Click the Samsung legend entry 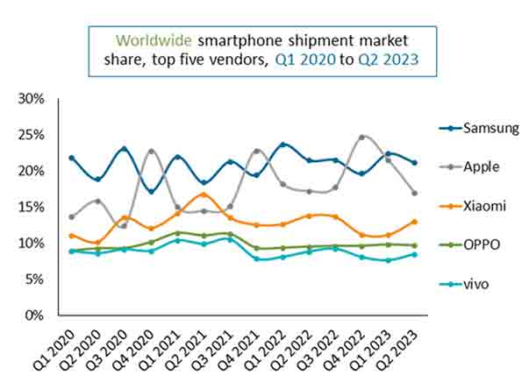point(478,128)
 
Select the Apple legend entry point(471,166)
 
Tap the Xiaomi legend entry point(474,205)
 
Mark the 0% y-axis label point(34,315)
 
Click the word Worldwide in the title point(154,40)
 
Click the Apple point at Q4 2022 point(361,138)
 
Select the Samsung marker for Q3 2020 point(125,149)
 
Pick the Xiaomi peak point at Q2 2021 point(204,195)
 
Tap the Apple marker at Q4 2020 point(151,152)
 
